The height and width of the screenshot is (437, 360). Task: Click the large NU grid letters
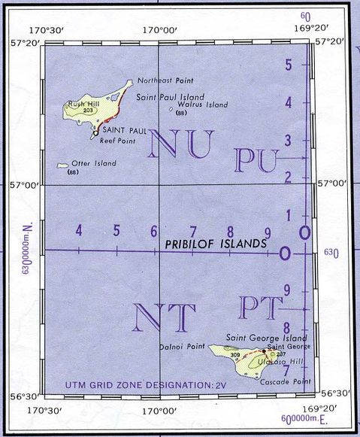(182, 144)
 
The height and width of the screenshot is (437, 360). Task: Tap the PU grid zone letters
(256, 160)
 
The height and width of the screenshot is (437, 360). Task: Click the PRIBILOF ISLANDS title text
(216, 244)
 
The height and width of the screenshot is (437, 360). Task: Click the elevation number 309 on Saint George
(235, 354)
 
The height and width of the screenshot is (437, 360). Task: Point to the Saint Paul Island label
(170, 97)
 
